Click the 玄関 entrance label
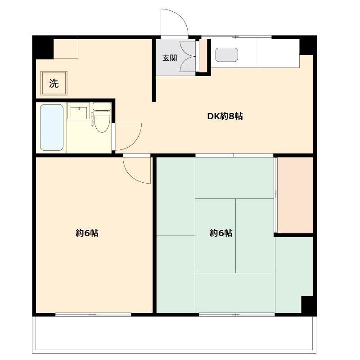click(170, 58)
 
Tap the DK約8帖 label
click(225, 116)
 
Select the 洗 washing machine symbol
click(54, 83)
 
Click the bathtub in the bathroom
click(51, 127)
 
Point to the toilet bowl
click(102, 123)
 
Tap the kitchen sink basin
click(226, 54)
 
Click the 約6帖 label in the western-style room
click(87, 233)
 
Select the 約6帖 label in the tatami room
click(221, 233)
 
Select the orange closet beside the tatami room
click(295, 195)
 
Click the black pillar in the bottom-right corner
click(309, 306)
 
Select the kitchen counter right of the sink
click(279, 53)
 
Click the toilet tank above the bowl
click(102, 107)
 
